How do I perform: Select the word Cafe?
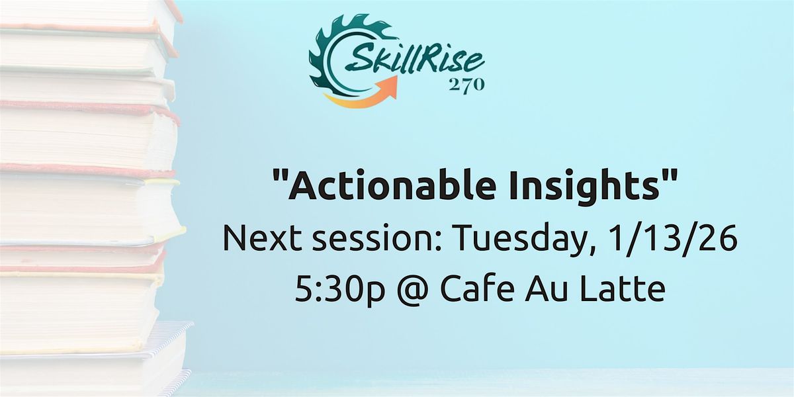(x=468, y=289)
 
